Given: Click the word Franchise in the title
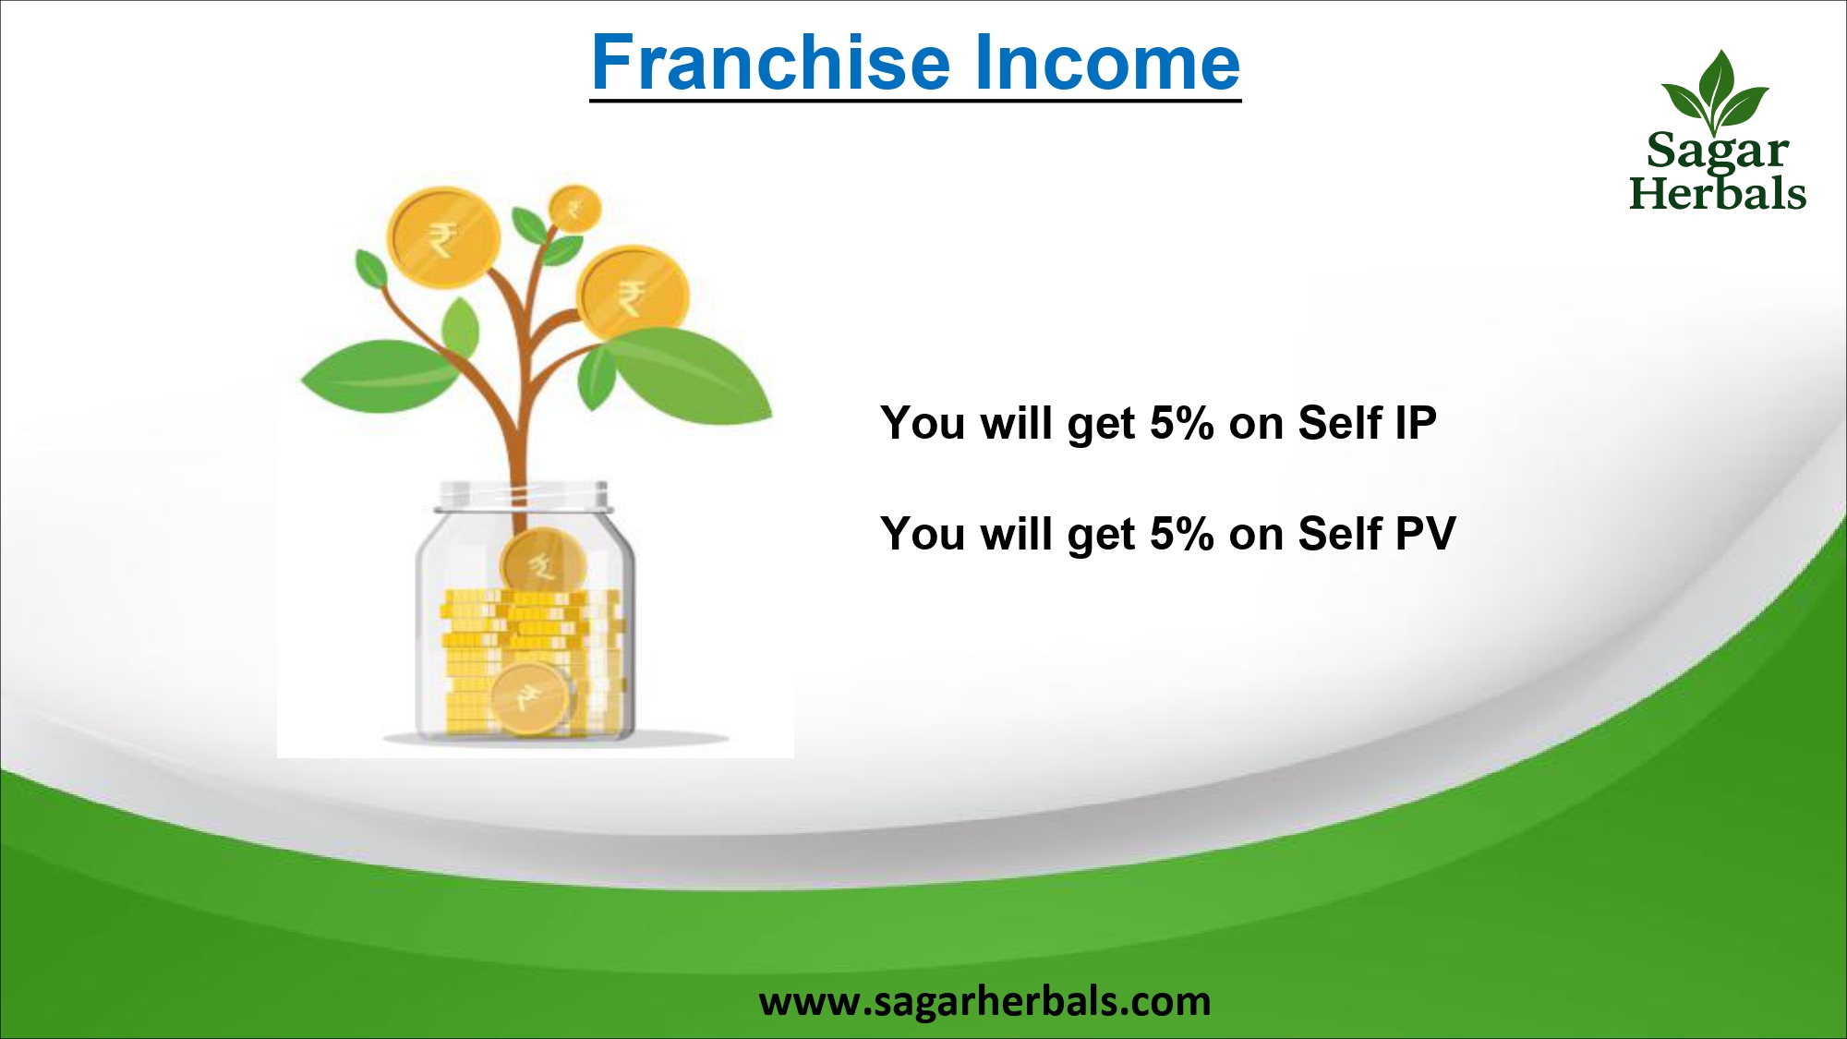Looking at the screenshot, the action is click(771, 63).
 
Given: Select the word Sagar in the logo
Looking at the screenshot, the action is click(1717, 151).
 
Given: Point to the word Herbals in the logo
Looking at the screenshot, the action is click(1717, 193).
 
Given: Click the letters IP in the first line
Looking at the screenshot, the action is click(1415, 423).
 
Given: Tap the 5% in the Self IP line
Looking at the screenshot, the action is click(1181, 423).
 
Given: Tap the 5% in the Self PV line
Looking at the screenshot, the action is click(1181, 534).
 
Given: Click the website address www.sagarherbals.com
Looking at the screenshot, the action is click(984, 1001).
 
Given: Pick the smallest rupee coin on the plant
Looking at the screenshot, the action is click(574, 209).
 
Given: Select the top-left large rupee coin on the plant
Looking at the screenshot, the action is click(443, 237).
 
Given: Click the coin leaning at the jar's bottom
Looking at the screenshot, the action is click(529, 699).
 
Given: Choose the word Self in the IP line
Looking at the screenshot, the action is click(1339, 423).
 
